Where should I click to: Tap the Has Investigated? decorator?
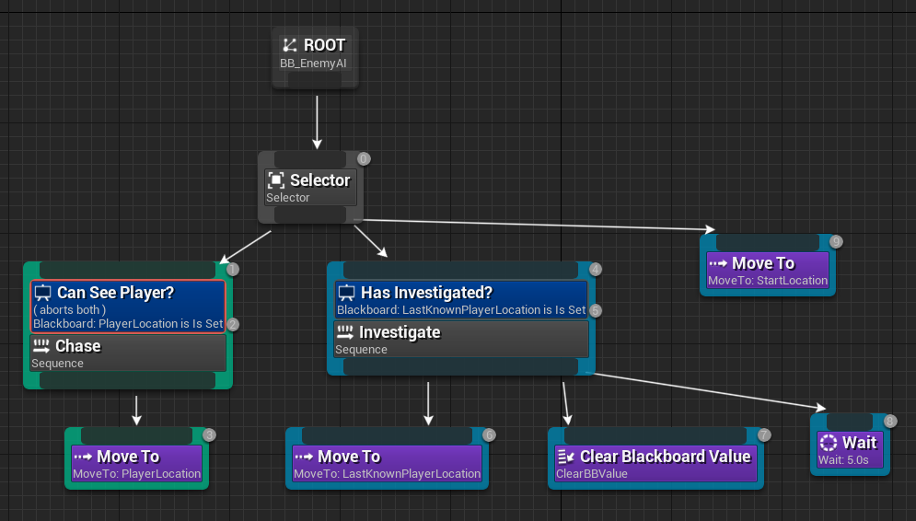tap(460, 301)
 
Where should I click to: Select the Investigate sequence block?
tap(460, 339)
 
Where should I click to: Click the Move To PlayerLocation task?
tap(136, 464)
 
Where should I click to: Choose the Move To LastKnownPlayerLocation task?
tap(387, 464)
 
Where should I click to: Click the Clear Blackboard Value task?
tap(655, 464)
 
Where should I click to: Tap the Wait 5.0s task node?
tap(850, 450)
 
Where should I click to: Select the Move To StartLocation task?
tap(768, 271)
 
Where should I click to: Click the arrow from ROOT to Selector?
tap(317, 120)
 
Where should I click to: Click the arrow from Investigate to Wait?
tap(709, 391)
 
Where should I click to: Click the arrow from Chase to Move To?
tap(136, 410)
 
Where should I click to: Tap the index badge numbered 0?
tap(364, 159)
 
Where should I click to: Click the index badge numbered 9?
tap(836, 241)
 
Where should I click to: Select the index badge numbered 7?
tap(764, 434)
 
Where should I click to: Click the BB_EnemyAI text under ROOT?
tap(313, 64)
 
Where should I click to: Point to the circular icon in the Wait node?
tap(828, 443)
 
